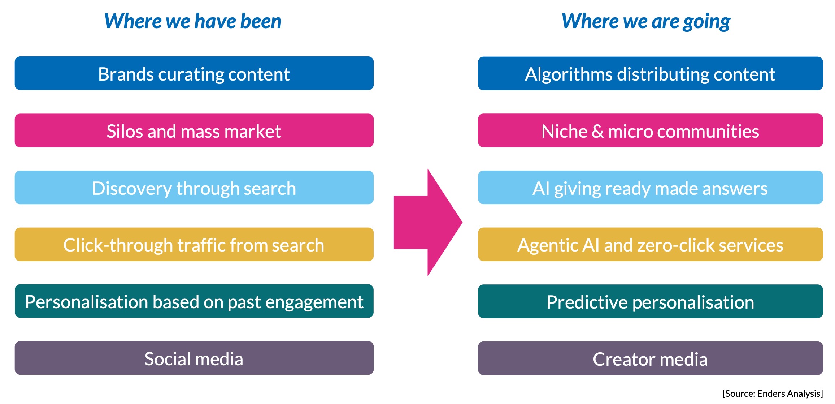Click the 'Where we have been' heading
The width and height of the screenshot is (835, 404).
pos(193,21)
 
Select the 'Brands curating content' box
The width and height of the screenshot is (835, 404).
pos(194,73)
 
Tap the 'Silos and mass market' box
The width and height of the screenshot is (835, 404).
pos(194,130)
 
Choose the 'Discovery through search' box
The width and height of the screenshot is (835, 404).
pos(194,188)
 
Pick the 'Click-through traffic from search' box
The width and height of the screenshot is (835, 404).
pos(194,244)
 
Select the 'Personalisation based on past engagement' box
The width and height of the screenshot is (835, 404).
pos(194,301)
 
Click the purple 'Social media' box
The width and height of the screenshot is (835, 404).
pos(194,358)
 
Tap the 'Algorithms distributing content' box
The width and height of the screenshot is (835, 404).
pos(650,73)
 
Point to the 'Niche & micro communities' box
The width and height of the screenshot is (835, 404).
pos(650,130)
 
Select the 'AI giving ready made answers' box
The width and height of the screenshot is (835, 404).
pos(650,188)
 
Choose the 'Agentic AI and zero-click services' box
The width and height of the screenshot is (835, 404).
pos(650,244)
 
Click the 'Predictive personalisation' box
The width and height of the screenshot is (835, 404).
pos(650,301)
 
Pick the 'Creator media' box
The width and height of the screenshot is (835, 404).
pos(650,358)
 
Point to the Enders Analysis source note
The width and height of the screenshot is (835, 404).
pos(773,394)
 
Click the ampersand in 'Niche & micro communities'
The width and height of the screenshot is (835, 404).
pos(597,131)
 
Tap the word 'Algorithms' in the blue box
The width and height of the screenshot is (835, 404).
pos(569,74)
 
